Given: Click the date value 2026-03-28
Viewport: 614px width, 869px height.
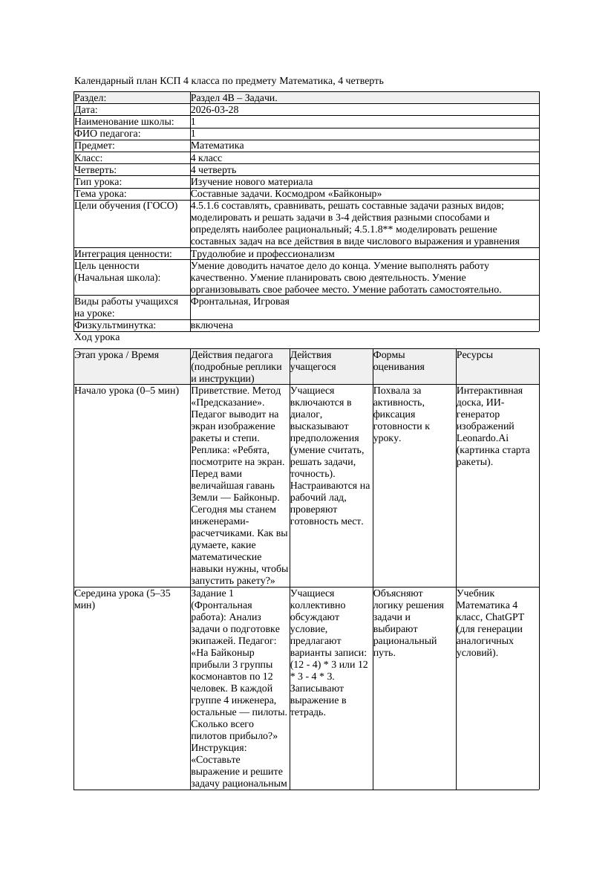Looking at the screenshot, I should click(215, 109).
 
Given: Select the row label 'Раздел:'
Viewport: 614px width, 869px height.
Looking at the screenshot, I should click(91, 97).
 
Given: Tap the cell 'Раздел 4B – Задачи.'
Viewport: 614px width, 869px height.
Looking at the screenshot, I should click(234, 97).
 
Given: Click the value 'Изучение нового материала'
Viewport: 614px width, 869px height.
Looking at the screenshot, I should click(251, 181).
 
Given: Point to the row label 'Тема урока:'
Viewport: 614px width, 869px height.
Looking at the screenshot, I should click(99, 193).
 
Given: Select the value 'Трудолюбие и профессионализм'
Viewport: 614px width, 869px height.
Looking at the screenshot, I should click(262, 253).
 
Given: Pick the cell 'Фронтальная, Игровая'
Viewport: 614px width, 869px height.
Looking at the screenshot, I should click(240, 302).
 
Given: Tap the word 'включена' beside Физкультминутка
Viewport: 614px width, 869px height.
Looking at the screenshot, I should click(212, 325).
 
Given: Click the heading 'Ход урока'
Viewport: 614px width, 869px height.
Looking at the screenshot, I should click(97, 337).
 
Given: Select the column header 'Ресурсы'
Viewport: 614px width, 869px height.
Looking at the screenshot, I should click(474, 355).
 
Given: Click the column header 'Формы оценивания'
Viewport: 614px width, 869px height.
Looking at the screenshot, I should click(398, 360).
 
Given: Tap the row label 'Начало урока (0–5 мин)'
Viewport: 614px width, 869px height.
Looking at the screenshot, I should click(126, 390).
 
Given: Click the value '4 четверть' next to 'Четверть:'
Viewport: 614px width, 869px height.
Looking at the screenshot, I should click(213, 169).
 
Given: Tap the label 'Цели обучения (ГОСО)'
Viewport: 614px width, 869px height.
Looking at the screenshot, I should click(126, 205).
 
